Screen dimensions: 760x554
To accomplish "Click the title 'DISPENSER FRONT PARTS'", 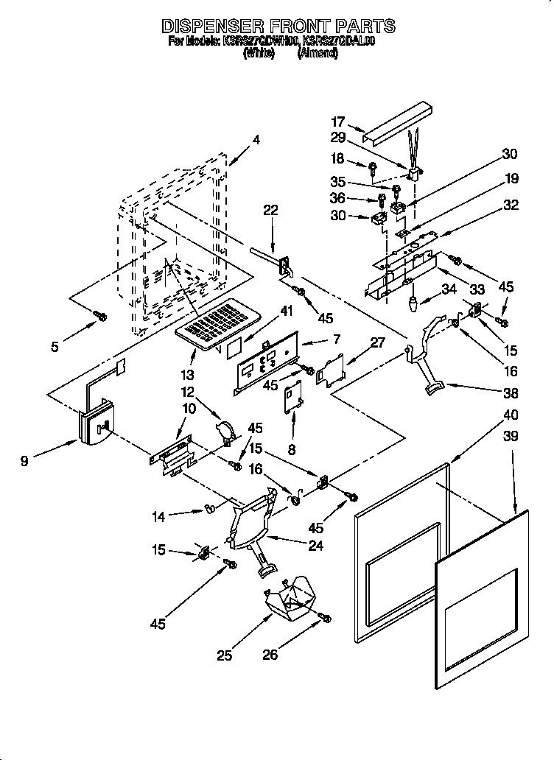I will coord(278,27).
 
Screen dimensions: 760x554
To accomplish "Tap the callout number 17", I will coord(337,122).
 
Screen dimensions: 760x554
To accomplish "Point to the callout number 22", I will coord(270,211).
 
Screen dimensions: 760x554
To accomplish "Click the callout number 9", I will coord(25,462).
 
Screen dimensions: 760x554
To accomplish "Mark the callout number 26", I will coord(271,654).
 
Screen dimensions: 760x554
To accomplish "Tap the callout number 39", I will coord(511,437).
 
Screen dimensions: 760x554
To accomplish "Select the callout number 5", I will coord(55,346).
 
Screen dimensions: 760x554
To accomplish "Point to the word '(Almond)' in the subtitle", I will coord(318,54).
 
